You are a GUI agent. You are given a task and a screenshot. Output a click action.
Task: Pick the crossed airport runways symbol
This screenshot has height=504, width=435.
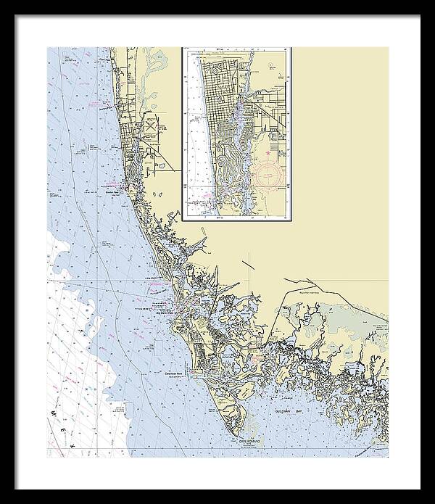pos(150,125)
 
